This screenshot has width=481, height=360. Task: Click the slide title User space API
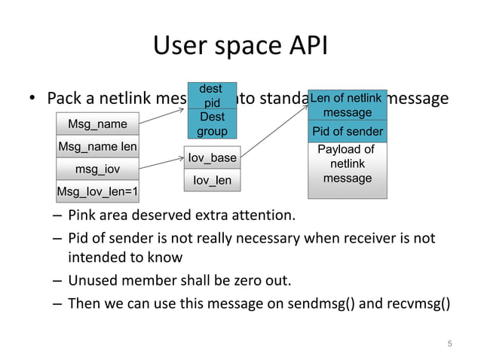(x=240, y=47)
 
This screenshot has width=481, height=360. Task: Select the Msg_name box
(x=97, y=124)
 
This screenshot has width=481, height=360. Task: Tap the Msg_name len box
(x=97, y=146)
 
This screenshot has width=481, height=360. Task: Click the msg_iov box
(x=97, y=169)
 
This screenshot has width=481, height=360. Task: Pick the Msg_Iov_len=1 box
(x=97, y=191)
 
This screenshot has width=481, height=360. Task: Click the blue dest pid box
(x=212, y=96)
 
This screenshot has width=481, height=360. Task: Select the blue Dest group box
(x=212, y=124)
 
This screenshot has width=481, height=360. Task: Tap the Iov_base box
(x=212, y=157)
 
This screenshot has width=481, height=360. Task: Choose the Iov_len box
(x=212, y=181)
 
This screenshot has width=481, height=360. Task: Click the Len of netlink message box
(x=347, y=105)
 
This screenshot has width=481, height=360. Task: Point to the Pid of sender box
(x=347, y=132)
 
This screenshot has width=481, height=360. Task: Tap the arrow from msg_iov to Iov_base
(x=161, y=163)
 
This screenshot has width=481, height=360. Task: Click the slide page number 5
(x=449, y=344)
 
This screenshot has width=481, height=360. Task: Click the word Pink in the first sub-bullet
(x=82, y=217)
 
